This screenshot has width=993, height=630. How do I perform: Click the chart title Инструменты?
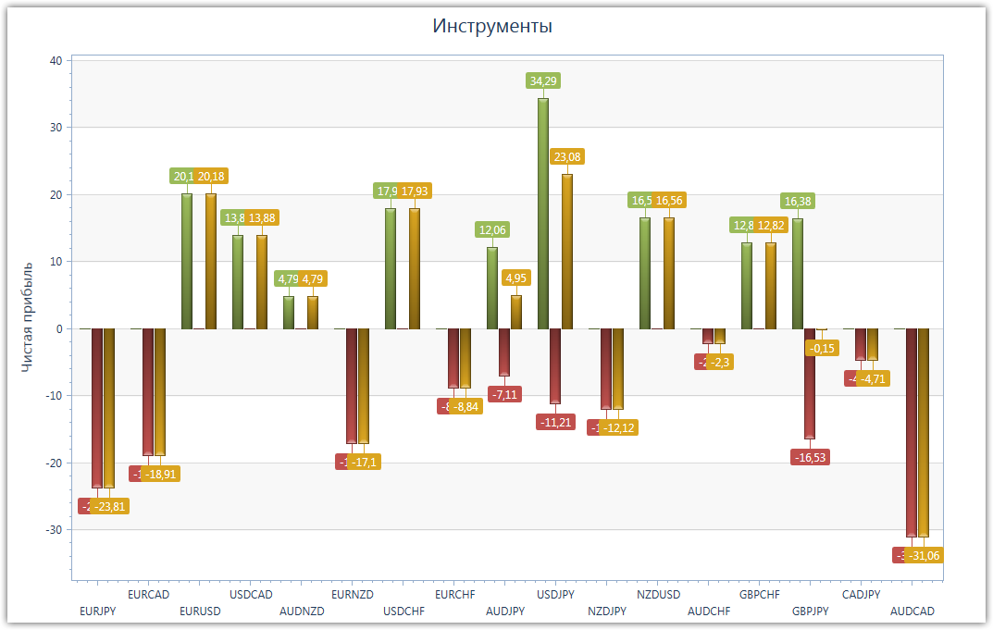point(492,26)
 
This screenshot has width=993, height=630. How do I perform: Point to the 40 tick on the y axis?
point(55,61)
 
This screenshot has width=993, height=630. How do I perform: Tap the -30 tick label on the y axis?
point(53,530)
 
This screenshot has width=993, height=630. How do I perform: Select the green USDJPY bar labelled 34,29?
point(543,213)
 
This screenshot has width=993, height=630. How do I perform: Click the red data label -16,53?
point(811,457)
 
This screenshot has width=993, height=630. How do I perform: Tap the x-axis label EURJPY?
point(98,611)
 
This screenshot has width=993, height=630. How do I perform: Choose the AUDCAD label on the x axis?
point(912,611)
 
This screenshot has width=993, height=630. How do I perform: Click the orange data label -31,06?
point(925,556)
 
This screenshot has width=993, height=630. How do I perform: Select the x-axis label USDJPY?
point(556,594)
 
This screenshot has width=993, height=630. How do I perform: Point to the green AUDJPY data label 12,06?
point(492,229)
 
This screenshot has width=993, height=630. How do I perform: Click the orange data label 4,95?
point(516,278)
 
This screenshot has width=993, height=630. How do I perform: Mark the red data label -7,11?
point(505,395)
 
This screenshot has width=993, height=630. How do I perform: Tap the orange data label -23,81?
point(109,507)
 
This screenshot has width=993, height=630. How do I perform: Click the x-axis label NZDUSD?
point(658,594)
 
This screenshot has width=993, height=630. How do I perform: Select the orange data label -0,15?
point(821,349)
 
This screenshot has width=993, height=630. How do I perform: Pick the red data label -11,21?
point(556,422)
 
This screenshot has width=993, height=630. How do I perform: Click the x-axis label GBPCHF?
point(760,594)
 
